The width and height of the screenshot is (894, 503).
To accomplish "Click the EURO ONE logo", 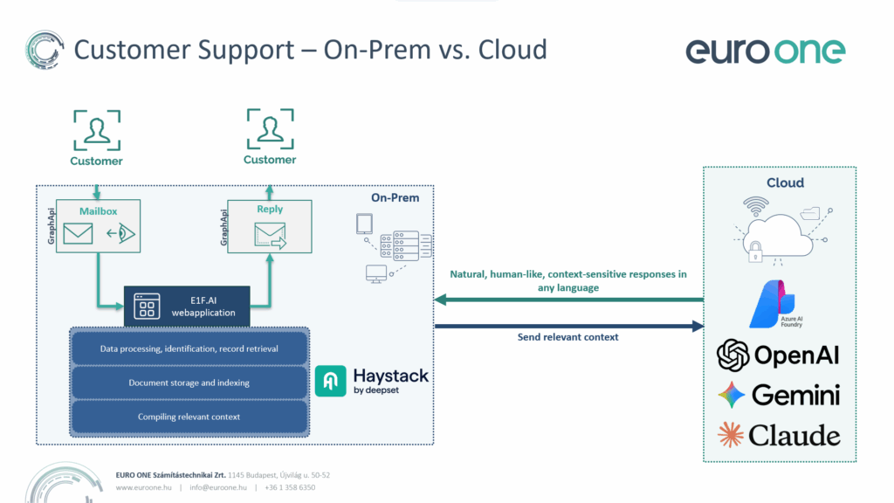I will [x=765, y=50].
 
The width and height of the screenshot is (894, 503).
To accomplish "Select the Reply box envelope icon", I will [x=271, y=235].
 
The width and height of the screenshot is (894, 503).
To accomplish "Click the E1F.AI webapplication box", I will [x=187, y=306].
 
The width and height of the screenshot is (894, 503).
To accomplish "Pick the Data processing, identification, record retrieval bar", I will [x=189, y=348].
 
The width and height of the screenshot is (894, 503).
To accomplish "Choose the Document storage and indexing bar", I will [x=189, y=382].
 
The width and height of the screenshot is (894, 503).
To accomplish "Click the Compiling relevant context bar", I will [x=189, y=417].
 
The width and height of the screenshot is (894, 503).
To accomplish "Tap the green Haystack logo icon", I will [x=331, y=381].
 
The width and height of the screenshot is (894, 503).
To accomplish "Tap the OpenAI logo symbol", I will [x=733, y=355].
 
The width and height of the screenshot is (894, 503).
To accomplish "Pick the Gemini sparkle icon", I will [x=732, y=395].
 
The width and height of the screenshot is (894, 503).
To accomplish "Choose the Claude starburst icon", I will [x=731, y=434].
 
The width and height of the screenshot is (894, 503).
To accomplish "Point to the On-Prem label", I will [x=395, y=198].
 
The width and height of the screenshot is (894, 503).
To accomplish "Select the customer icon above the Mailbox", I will [x=96, y=130].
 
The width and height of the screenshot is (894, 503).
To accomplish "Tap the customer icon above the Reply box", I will [x=269, y=129].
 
